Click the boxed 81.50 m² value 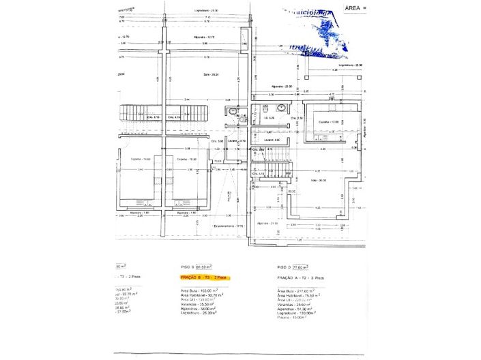click(203, 267)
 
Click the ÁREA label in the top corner click(353, 7)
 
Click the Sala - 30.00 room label click(318, 181)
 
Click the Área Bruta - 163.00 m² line click(199, 290)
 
